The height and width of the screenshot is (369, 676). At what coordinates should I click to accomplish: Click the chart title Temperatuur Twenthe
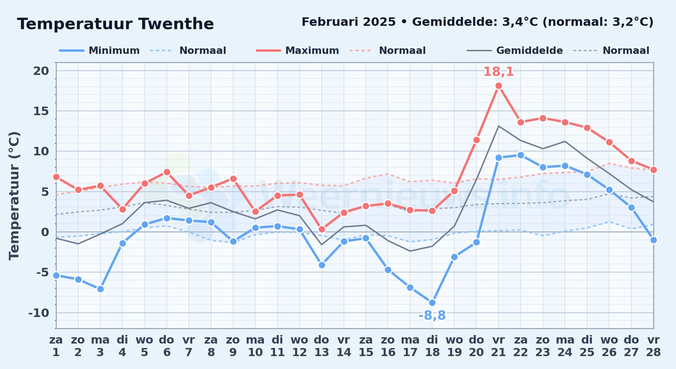115,24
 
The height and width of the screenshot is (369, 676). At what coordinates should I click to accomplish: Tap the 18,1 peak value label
499,72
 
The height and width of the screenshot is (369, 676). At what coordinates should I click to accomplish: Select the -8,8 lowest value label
432,315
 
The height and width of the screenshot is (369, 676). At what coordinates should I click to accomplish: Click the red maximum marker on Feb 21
499,86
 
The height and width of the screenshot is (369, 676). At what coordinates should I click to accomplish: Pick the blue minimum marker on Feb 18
432,303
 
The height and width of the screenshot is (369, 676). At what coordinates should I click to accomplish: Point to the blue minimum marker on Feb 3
100,289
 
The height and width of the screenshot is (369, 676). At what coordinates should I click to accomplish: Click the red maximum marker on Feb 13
322,230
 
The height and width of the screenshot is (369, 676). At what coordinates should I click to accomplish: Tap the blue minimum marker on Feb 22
521,155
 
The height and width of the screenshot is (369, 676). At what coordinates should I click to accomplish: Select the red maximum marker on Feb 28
653,170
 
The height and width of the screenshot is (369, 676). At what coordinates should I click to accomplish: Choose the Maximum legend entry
298,51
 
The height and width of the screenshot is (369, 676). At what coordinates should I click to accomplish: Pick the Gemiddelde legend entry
515,51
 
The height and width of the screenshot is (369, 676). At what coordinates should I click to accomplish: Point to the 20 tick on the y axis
41,70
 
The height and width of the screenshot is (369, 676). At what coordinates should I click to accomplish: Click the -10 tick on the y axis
39,313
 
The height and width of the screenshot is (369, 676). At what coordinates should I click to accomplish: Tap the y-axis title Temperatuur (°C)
14,196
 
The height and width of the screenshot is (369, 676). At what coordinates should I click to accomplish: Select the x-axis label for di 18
432,346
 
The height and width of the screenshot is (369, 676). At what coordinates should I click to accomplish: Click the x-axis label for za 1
56,346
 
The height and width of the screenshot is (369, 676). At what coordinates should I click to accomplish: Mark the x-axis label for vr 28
653,346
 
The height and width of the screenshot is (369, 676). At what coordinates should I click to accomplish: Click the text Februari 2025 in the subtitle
349,22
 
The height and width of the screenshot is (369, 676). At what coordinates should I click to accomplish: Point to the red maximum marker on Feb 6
167,172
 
